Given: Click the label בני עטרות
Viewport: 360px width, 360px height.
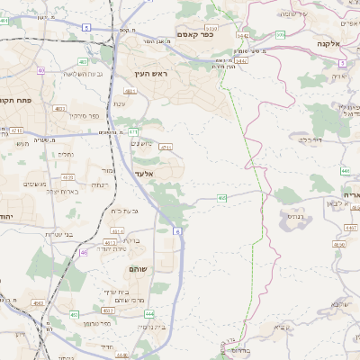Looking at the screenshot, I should (65, 236).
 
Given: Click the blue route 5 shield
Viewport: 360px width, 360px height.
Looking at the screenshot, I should (85, 29).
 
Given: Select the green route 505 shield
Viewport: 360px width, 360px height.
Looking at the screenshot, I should (281, 34).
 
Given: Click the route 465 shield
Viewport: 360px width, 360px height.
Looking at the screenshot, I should (221, 198).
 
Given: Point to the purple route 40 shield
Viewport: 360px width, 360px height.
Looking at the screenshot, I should (41, 69).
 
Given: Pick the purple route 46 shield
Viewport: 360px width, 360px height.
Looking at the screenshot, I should (84, 253).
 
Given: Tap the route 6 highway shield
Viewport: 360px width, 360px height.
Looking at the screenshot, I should (178, 232).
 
